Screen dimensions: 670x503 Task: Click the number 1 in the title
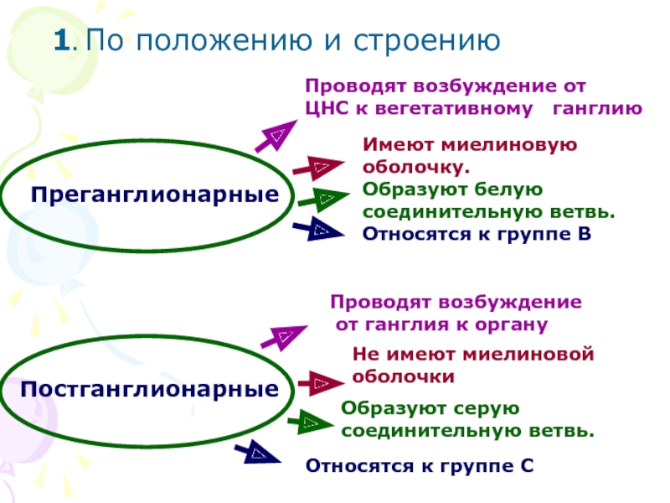pos(61,40)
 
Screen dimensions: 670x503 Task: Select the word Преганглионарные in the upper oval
pos(155,195)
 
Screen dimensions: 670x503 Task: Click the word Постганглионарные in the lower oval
pos(150,389)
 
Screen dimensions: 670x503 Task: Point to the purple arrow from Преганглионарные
pos(276,136)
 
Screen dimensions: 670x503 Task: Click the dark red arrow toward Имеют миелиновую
pos(318,167)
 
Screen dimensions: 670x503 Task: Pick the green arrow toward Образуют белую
pos(323,199)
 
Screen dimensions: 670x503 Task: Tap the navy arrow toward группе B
pos(318,229)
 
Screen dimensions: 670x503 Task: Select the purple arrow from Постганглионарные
pos(284,337)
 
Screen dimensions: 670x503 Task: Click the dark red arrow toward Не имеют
pos(321,383)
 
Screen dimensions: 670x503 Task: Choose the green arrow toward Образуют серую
pos(311,423)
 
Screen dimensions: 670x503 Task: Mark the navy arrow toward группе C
pos(257,452)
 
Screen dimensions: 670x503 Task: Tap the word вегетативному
pos(454,109)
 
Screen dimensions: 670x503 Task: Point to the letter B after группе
pos(584,234)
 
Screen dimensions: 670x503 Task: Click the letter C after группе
pos(528,466)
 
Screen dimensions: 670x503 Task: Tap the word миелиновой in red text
pos(528,354)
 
